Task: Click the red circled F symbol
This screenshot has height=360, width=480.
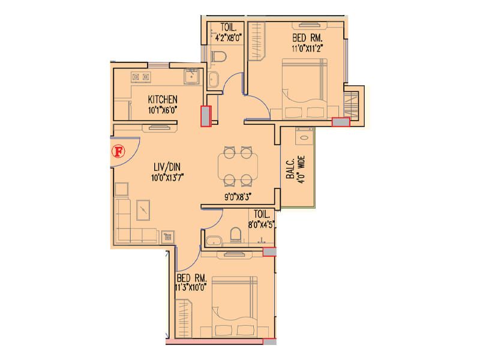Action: click(118, 152)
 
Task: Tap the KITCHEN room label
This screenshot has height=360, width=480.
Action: click(163, 100)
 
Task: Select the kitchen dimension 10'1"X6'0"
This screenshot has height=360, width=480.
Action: click(163, 110)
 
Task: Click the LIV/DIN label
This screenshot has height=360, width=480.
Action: click(167, 167)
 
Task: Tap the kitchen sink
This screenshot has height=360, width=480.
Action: click(191, 76)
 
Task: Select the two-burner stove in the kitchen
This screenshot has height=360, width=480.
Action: click(140, 77)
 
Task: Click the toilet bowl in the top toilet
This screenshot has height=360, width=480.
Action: click(219, 57)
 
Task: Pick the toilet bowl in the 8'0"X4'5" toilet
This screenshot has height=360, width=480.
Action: click(235, 235)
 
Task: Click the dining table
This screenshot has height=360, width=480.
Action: click(238, 166)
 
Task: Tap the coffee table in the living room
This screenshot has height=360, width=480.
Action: click(143, 210)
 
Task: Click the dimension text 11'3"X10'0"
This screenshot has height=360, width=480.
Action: click(191, 288)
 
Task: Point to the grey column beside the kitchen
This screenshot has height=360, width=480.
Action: click(206, 116)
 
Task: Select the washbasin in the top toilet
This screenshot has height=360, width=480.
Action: click(214, 79)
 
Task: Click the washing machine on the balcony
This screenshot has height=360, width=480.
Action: click(304, 137)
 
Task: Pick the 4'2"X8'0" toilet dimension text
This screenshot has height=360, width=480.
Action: click(229, 38)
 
